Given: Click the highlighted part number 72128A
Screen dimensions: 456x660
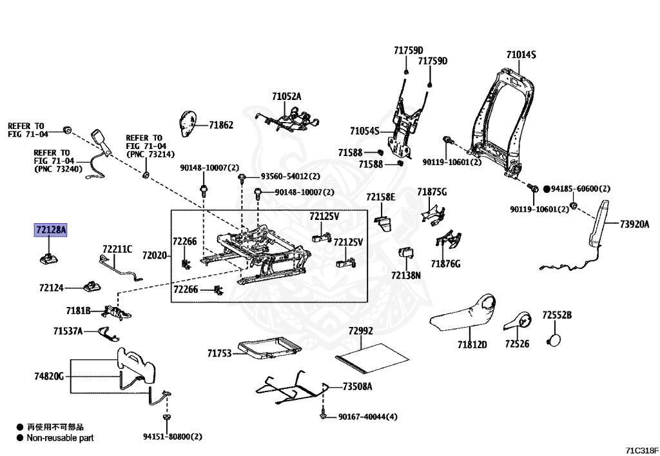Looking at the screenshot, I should (51, 230).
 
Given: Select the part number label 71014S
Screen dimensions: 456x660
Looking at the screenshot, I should (521, 55).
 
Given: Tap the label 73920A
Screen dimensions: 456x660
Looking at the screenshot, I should (635, 224).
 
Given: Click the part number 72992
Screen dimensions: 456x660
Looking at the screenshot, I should (361, 331).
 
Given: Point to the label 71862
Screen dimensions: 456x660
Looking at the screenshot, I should (221, 125).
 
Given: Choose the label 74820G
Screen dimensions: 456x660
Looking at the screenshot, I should (49, 376).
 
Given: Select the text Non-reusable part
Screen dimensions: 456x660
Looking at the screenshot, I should (60, 438).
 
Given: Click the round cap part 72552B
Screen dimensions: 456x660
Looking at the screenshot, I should (552, 340).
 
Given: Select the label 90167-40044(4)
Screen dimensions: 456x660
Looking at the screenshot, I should (368, 417).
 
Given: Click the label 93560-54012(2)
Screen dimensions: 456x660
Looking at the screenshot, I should (290, 177).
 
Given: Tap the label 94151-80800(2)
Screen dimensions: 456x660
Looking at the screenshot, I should (173, 437).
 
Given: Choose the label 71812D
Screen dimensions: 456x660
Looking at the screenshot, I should (472, 344).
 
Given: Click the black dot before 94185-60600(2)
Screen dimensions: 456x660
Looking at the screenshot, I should (547, 189).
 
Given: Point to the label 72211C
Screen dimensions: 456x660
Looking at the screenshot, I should (117, 249).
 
